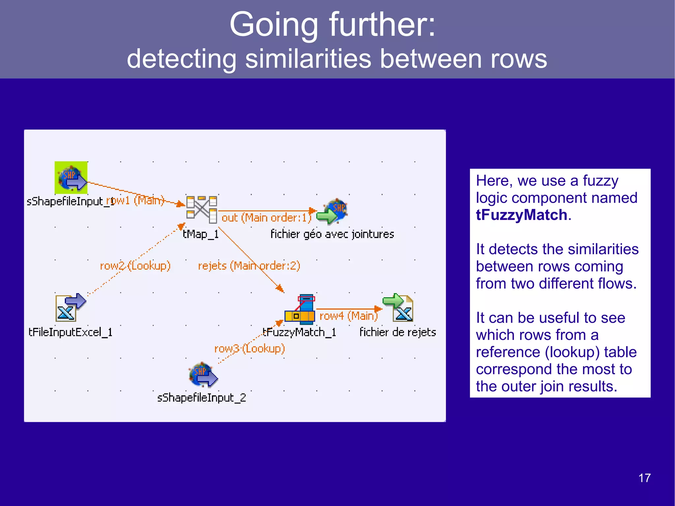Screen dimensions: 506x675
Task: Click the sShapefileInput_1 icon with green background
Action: (x=71, y=178)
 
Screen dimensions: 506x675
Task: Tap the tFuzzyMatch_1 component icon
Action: (x=300, y=308)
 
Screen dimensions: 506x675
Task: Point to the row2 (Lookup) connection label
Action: (x=135, y=266)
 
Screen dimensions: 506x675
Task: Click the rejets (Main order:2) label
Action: (x=249, y=266)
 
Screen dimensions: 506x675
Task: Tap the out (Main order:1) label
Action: (x=266, y=218)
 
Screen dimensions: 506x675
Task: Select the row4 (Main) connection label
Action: (x=348, y=316)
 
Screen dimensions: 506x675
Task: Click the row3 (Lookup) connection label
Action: (x=249, y=348)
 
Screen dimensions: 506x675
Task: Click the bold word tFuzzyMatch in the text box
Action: (x=521, y=215)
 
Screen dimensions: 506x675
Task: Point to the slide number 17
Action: (x=644, y=478)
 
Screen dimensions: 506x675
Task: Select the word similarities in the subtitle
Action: (x=308, y=59)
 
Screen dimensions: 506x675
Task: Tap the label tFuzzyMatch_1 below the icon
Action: (x=299, y=332)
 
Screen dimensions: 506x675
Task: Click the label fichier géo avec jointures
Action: (x=332, y=234)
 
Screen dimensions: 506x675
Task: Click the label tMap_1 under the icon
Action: (x=200, y=234)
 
